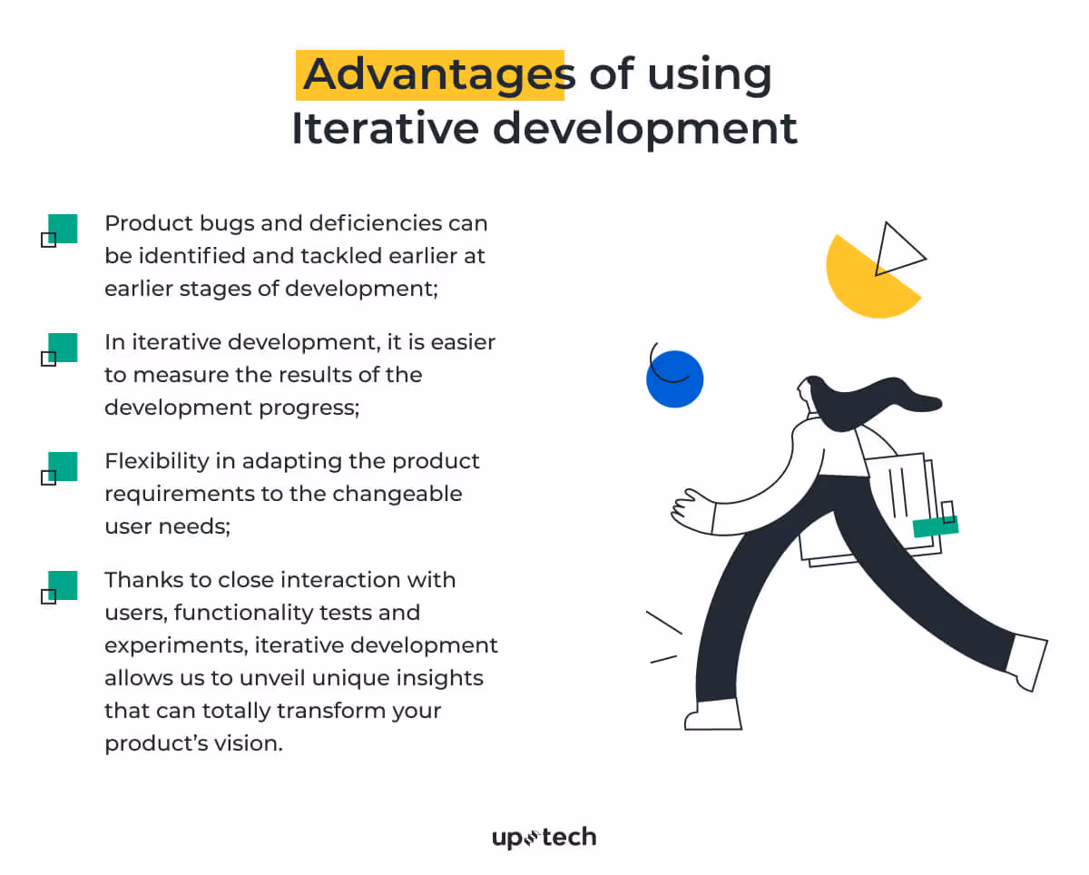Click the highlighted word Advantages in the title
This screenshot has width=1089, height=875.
point(432,74)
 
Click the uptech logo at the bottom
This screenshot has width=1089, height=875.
point(544,837)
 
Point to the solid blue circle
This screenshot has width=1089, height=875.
point(675,379)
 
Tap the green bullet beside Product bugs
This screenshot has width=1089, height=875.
point(62,229)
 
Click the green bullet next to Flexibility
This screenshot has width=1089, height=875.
point(62,467)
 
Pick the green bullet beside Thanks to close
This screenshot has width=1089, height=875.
point(62,585)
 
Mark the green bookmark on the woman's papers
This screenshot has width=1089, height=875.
point(935,526)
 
